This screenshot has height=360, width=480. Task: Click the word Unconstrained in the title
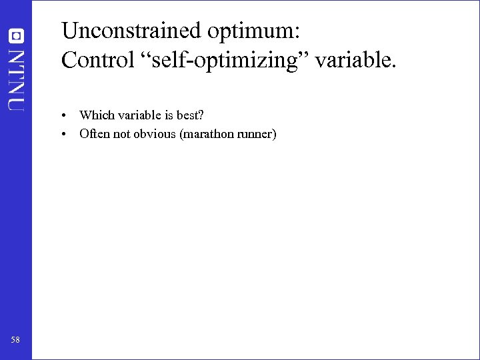point(131,31)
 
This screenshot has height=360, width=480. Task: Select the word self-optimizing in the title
point(231,61)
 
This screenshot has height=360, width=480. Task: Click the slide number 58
point(15,340)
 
